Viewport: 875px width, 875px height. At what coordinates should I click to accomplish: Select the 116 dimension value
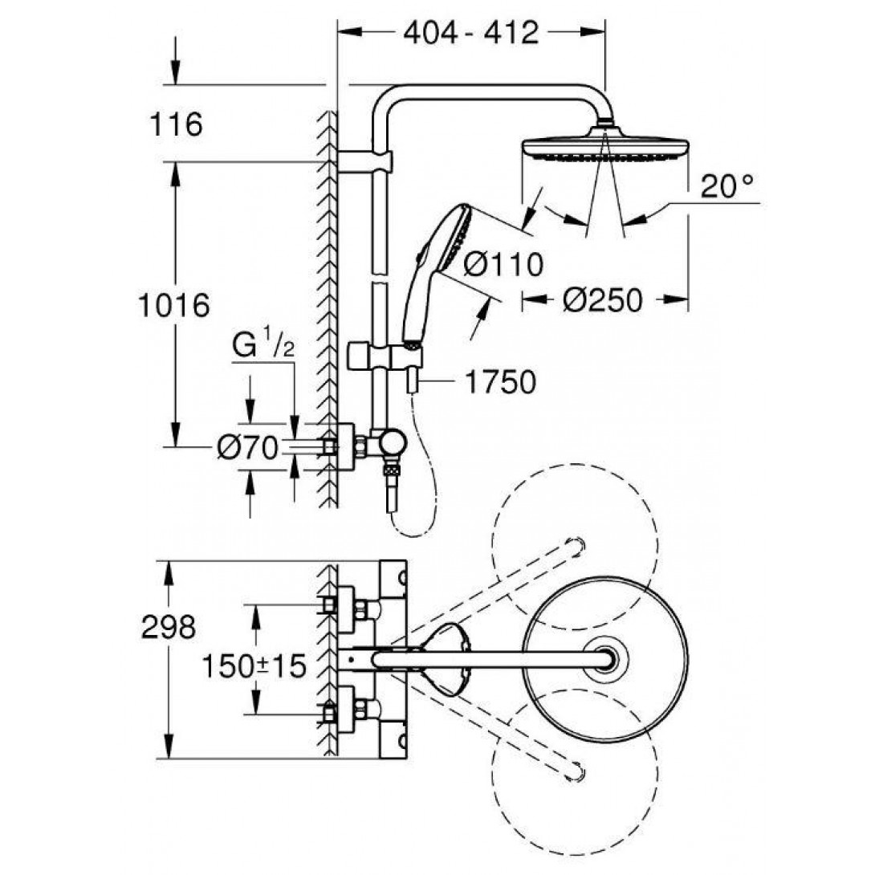click(176, 125)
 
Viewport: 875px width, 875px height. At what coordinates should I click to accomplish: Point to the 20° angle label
click(727, 187)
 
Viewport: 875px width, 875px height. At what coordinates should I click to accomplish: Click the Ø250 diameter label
click(602, 300)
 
